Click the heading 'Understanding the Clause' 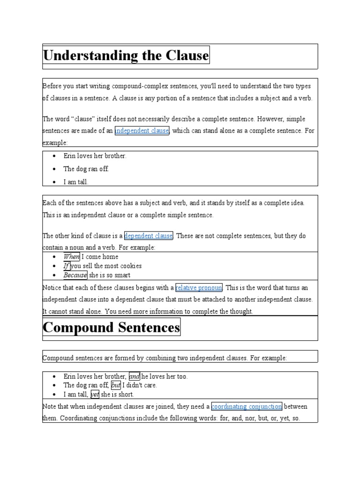point(126,55)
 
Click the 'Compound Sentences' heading point(112,327)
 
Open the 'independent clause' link point(142,131)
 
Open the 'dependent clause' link point(149,236)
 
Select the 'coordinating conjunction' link point(247,406)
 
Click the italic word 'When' point(71,256)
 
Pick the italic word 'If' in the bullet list point(66,266)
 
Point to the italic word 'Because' point(75,275)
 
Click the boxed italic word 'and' point(134,376)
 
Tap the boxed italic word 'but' point(116,385)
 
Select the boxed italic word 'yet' point(95,394)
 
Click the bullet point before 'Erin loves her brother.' point(54,156)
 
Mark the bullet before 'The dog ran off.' point(54,169)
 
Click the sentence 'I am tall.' point(75,182)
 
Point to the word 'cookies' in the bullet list point(131,266)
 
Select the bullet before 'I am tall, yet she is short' point(54,394)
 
